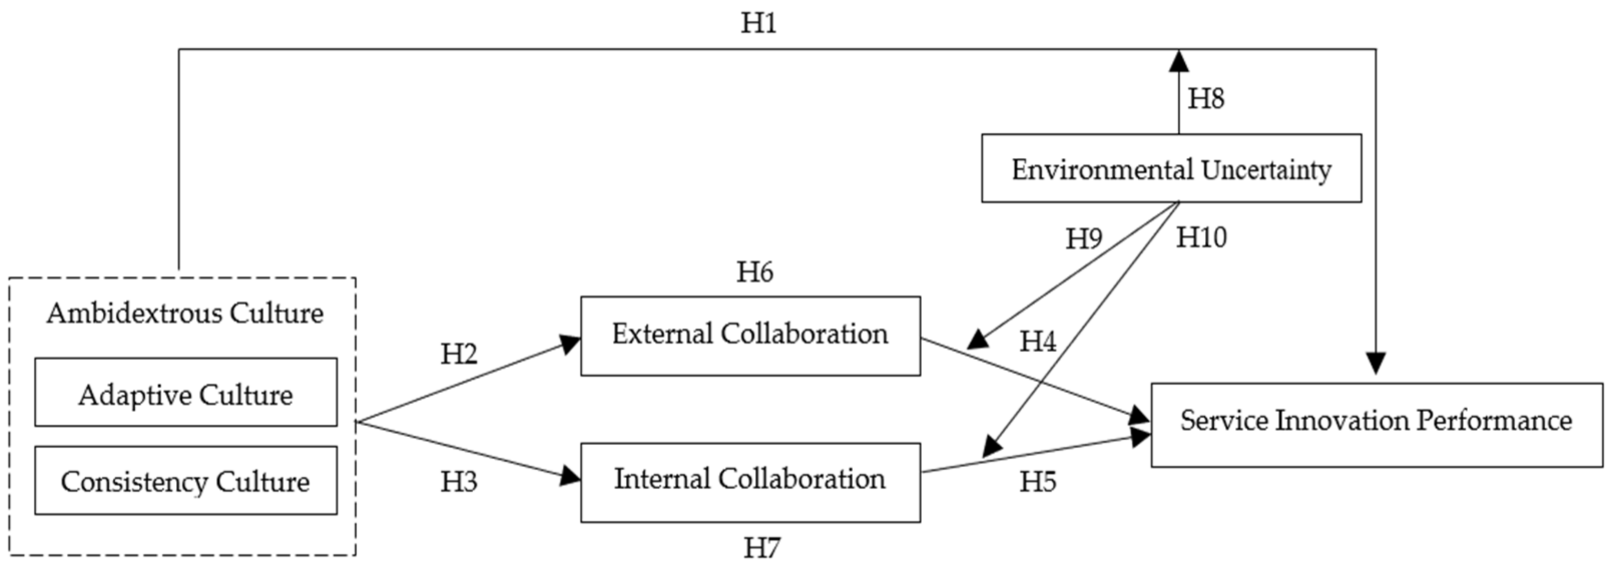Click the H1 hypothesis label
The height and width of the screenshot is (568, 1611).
pos(758,23)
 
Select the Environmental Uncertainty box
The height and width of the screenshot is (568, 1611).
pos(1171,168)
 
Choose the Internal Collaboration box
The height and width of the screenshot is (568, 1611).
pos(750,482)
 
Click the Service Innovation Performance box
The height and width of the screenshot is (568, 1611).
pos(1376,424)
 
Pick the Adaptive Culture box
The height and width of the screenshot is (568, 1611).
pos(186,392)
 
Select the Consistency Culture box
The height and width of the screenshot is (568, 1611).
pos(186,480)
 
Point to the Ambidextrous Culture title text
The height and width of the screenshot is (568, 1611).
pos(185,313)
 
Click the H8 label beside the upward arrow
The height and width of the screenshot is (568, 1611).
pos(1206,98)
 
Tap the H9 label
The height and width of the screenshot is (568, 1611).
pos(1084,238)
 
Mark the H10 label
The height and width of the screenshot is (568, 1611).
pos(1201,237)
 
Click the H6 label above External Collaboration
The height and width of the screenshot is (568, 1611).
pos(755,271)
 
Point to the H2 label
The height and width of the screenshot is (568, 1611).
pos(458,354)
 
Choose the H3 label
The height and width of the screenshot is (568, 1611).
pos(458,482)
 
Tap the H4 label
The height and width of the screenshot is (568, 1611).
pos(1037,342)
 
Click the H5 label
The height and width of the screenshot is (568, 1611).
pos(1037,482)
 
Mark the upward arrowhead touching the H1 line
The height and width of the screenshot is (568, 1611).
pos(1179,61)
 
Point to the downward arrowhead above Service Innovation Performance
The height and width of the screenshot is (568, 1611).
pos(1376,363)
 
